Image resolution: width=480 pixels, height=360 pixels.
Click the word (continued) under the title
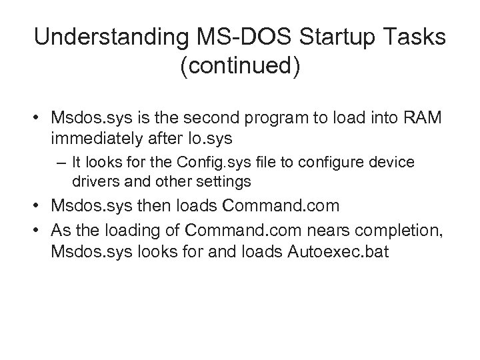coord(239,69)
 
